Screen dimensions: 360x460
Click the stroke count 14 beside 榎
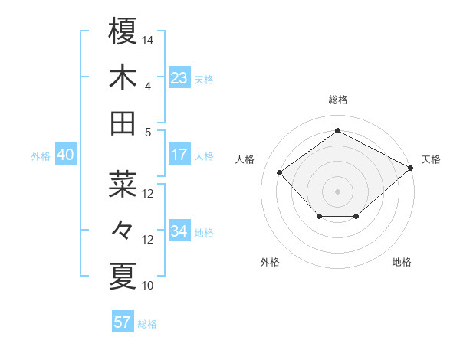149,39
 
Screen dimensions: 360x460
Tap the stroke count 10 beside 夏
149,286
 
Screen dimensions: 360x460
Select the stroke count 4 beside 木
147,87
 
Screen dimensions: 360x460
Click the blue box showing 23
179,77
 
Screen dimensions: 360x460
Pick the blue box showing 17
179,154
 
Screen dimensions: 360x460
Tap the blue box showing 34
179,231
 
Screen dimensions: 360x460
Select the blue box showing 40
65,155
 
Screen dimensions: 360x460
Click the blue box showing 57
122,322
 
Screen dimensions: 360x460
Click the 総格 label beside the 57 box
147,324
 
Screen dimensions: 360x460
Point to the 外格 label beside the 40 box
41,156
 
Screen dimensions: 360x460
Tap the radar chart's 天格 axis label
431,159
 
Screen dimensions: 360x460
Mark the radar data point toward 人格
280,172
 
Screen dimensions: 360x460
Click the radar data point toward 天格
412,169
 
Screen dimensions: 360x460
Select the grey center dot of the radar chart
337,191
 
